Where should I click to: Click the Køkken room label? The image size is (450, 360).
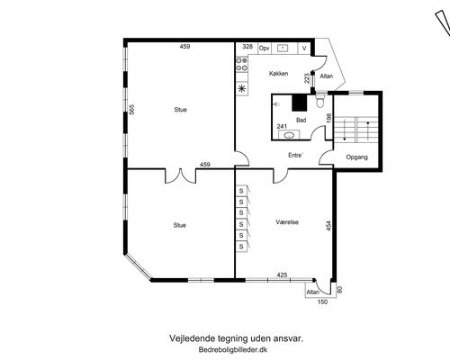pyautogui.click(x=279, y=74)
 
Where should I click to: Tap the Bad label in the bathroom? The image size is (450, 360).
pyautogui.click(x=301, y=120)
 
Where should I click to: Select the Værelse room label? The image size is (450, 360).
pyautogui.click(x=287, y=222)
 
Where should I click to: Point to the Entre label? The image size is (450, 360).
pyautogui.click(x=295, y=155)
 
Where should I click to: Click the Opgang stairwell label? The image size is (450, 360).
pyautogui.click(x=357, y=157)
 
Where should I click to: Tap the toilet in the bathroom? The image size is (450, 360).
pyautogui.click(x=320, y=102)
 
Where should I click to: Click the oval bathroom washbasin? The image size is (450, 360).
pyautogui.click(x=289, y=135)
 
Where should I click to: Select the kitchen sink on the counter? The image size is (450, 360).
pyautogui.click(x=283, y=48)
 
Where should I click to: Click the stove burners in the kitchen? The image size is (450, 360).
pyautogui.click(x=242, y=65)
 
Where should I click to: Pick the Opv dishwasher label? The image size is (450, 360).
pyautogui.click(x=264, y=48)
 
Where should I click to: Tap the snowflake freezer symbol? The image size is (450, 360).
pyautogui.click(x=242, y=88)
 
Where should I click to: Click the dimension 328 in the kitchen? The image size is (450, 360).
pyautogui.click(x=247, y=47)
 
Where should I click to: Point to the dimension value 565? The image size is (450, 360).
pyautogui.click(x=131, y=109)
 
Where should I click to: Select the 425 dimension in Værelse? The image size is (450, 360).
pyautogui.click(x=282, y=274)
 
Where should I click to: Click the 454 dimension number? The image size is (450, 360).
pyautogui.click(x=328, y=226)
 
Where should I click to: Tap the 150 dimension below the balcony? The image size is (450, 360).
pyautogui.click(x=322, y=302)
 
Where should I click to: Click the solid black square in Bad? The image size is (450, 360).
pyautogui.click(x=300, y=103)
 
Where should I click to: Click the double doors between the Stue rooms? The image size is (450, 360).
pyautogui.click(x=181, y=176)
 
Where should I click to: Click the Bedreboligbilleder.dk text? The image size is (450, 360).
pyautogui.click(x=233, y=349)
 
